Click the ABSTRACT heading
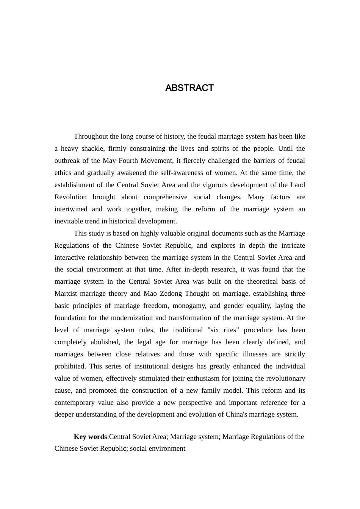pos(189,88)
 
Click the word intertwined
pos(70,209)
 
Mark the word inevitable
pos(69,221)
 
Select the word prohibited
pos(70,366)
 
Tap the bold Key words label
pos(90,437)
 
